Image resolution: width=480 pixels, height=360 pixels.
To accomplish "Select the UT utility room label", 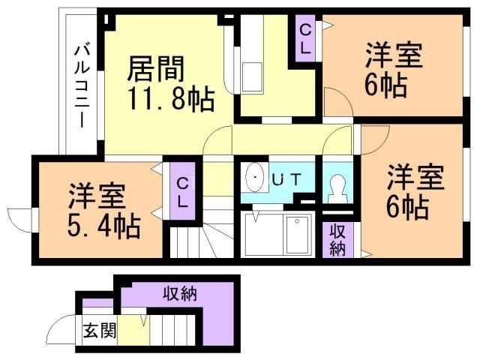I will point(286,179).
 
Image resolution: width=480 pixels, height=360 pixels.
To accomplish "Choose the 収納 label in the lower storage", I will point(180,293).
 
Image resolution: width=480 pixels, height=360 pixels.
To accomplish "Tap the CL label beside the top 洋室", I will point(307,38).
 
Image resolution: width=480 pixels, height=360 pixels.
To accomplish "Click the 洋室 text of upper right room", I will point(394,56).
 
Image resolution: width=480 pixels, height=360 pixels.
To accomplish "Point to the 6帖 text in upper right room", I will point(386,85).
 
